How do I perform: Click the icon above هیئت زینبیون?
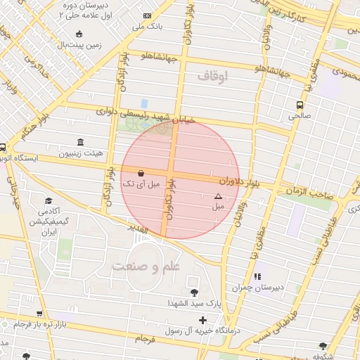coord(79,141)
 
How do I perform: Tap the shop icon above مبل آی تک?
coord(141,173)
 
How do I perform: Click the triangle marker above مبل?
coord(218,196)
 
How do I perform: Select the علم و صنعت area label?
coord(146,266)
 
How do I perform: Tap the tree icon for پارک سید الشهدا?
coord(194,292)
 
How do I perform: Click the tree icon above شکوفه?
coord(323,345)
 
